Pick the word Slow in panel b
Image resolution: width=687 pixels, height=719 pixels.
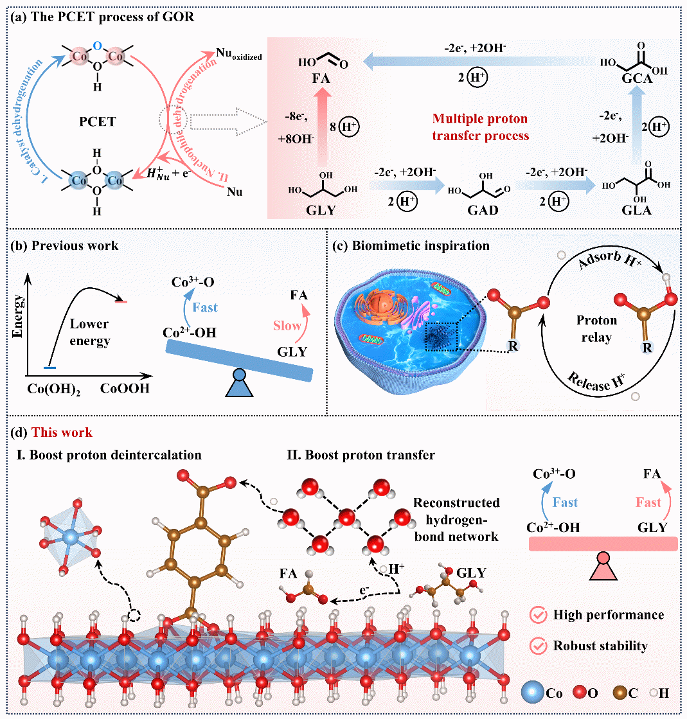[287, 326]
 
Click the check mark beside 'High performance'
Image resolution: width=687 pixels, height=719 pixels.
[538, 616]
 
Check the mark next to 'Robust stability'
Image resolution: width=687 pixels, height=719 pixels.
[538, 646]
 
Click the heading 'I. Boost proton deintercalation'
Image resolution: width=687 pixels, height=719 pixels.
[109, 455]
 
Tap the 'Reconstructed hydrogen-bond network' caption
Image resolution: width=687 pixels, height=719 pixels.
[456, 519]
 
